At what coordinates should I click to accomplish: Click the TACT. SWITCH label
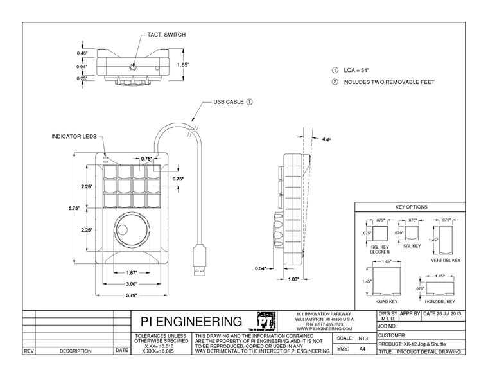point(166,35)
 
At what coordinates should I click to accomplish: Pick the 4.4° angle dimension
point(326,139)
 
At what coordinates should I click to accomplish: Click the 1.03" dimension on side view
point(293,279)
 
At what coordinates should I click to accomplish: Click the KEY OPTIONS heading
point(412,207)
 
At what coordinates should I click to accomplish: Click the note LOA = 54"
point(357,70)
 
